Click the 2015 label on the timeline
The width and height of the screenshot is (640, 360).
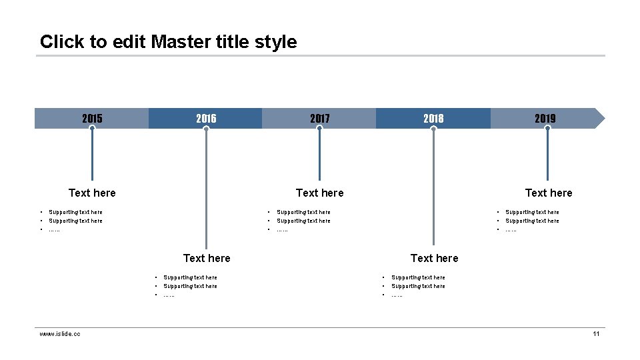(92, 119)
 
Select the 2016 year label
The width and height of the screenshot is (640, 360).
(206, 119)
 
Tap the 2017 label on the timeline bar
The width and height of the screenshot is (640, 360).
(319, 119)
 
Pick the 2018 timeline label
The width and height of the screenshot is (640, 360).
(433, 119)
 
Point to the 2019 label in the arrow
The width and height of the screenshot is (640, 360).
(545, 119)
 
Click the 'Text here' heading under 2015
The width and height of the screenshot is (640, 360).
(92, 193)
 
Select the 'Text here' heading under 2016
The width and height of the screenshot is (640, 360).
(207, 258)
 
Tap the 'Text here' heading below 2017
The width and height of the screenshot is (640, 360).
(320, 193)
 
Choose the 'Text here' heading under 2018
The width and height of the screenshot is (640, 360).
(435, 258)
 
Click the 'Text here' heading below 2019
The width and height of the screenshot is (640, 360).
(549, 193)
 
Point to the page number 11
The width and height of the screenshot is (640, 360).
(596, 333)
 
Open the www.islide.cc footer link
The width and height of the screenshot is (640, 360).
(60, 333)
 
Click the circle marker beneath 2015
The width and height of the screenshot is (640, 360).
(92, 129)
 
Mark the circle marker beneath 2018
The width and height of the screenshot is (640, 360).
(433, 129)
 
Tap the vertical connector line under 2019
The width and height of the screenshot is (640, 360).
(547, 157)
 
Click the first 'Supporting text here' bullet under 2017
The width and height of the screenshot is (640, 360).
(303, 212)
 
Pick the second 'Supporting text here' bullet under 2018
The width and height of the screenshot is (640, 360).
(418, 286)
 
